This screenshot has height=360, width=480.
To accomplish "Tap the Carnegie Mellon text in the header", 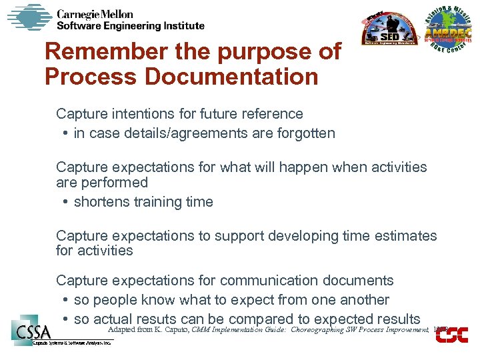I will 95,14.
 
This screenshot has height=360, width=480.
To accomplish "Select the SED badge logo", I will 389,31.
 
